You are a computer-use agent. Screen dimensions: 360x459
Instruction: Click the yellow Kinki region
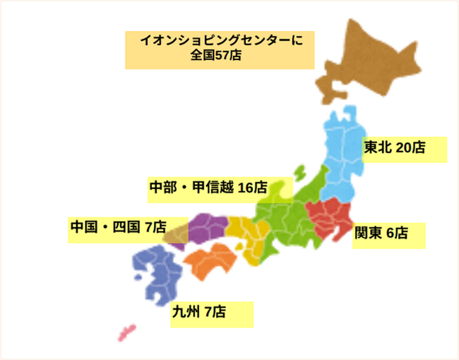point(247,236)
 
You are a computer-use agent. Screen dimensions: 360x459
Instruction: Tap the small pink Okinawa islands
point(126,330)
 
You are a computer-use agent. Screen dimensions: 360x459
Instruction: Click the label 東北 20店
point(395,148)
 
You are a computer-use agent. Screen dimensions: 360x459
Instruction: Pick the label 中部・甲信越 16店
point(208,187)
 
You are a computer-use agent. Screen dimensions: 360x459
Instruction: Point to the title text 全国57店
point(216,55)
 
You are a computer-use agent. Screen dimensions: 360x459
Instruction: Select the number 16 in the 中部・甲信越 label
point(246,187)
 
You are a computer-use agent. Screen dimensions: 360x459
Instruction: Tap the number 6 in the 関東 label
point(391,233)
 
